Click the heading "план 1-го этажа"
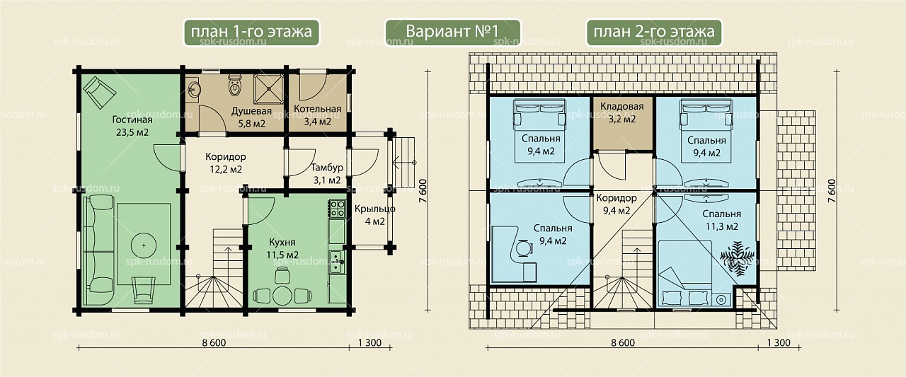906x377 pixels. pyautogui.click(x=251, y=32)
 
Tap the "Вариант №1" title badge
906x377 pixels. pyautogui.click(x=452, y=32)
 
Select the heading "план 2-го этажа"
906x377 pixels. pyautogui.click(x=653, y=32)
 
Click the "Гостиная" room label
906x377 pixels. pyautogui.click(x=132, y=120)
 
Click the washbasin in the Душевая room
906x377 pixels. pyautogui.click(x=195, y=87)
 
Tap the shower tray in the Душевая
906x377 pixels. pyautogui.click(x=268, y=89)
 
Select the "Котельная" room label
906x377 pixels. pyautogui.click(x=318, y=109)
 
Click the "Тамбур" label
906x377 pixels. pyautogui.click(x=327, y=168)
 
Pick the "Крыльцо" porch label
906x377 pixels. pyautogui.click(x=375, y=209)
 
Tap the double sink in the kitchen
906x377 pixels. pyautogui.click(x=337, y=262)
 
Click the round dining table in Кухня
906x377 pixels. pyautogui.click(x=282, y=296)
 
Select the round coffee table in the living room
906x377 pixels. pyautogui.click(x=144, y=245)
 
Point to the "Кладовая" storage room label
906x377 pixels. pyautogui.click(x=622, y=106)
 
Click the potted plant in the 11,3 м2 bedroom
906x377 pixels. pyautogui.click(x=737, y=257)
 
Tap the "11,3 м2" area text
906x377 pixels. pyautogui.click(x=722, y=226)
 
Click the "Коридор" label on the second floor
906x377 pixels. pyautogui.click(x=617, y=198)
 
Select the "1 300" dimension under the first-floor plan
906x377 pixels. pyautogui.click(x=370, y=342)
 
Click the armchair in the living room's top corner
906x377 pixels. pyautogui.click(x=99, y=92)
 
